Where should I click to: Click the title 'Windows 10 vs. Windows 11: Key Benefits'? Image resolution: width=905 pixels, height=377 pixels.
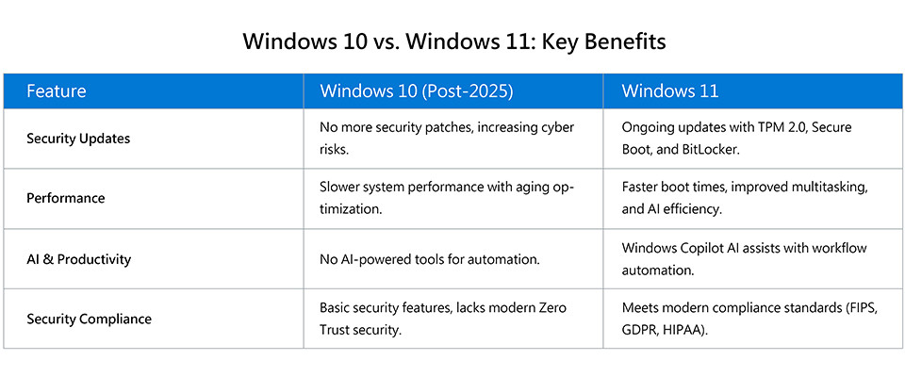453,42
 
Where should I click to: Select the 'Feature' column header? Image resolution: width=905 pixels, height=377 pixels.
56,91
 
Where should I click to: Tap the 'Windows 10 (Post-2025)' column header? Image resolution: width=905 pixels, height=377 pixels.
416,91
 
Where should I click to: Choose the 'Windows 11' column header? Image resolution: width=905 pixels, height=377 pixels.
670,91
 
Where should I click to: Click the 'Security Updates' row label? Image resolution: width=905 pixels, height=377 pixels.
78,139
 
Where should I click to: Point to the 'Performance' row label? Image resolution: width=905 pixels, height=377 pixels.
66,199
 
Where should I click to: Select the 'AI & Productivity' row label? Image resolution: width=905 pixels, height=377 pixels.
78,259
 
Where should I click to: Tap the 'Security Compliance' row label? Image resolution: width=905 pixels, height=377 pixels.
89,319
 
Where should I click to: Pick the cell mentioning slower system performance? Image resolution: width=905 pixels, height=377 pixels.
447,198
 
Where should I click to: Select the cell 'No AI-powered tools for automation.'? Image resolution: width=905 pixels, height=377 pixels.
430,260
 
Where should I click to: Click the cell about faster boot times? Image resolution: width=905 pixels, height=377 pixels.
745,198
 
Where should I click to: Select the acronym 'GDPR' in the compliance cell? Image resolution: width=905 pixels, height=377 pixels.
639,333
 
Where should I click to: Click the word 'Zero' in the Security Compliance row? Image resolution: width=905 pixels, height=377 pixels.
552,307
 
